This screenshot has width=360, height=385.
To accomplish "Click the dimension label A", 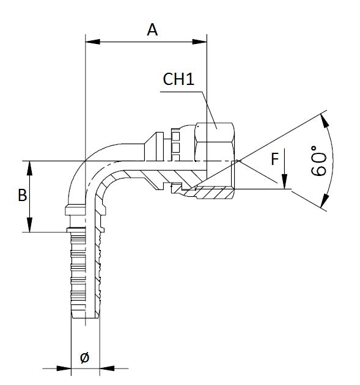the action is click(x=152, y=30).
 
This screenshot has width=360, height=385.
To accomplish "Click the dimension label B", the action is click(x=23, y=196).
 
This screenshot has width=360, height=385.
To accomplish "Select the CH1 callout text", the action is click(x=178, y=79).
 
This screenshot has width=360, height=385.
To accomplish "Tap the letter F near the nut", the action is click(x=275, y=159).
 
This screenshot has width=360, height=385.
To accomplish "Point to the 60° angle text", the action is click(x=318, y=161).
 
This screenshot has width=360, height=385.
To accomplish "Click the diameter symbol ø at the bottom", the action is click(x=85, y=358).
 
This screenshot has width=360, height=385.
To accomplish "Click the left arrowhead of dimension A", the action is click(x=92, y=42).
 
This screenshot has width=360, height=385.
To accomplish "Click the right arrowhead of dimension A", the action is click(x=199, y=42).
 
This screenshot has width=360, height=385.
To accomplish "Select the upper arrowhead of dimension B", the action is click(x=29, y=168).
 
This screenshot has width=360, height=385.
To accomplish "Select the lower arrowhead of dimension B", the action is click(x=29, y=225).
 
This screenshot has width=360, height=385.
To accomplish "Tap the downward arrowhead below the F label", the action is click(x=284, y=182).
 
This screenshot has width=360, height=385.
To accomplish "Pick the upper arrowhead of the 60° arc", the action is click(x=325, y=121).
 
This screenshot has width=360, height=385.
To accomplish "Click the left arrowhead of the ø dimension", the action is click(x=64, y=369).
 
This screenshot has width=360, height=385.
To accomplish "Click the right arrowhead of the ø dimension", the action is click(x=107, y=369).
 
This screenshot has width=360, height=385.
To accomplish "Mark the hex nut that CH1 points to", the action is click(x=215, y=142).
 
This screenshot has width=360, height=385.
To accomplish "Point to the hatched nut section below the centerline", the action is click(x=209, y=193).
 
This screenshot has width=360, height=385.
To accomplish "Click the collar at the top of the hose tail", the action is click(x=75, y=211).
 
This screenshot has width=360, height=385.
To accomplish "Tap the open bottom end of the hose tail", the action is click(x=85, y=318).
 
